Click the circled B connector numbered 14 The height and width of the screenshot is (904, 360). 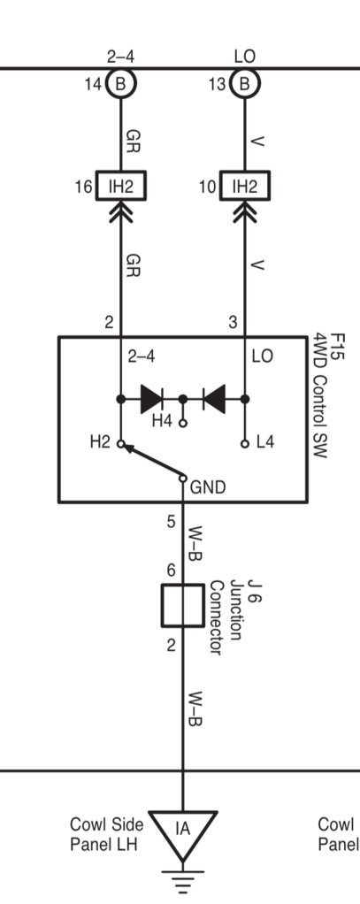(x=120, y=84)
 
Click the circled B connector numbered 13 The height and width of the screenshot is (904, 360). (x=245, y=84)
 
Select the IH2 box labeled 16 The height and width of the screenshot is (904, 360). (x=120, y=186)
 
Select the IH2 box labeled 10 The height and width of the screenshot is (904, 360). (x=245, y=186)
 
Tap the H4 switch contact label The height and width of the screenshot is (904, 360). (x=162, y=422)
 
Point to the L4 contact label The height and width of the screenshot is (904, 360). (x=266, y=443)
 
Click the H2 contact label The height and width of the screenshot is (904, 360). (x=100, y=443)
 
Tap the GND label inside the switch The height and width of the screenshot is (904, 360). (x=208, y=487)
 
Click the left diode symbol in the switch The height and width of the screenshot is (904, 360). (x=152, y=399)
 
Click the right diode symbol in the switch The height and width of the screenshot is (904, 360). (x=214, y=399)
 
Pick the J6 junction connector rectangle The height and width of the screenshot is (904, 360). (x=182, y=605)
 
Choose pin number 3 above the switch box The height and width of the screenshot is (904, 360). (x=233, y=322)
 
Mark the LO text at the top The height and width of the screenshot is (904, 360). (x=245, y=57)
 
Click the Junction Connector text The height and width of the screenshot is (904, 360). (x=224, y=617)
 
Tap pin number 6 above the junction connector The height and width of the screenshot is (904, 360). (x=171, y=571)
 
